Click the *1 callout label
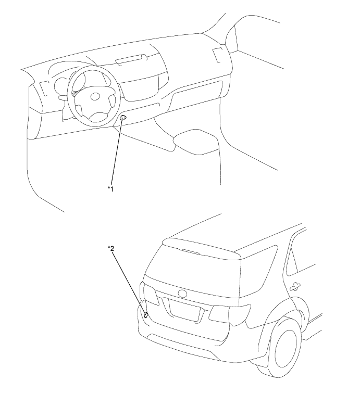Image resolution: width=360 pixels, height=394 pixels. coord(110,188)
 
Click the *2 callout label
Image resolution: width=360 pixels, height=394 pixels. coord(111,248)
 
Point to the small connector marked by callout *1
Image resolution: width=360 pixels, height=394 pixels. coord(123,117)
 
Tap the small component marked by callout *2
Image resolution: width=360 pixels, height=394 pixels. coord(146,315)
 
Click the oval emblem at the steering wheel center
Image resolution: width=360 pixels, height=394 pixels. coord(95,97)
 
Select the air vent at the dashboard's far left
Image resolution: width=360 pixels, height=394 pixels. coord(43,88)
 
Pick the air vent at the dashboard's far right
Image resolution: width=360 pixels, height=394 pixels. coord(217,55)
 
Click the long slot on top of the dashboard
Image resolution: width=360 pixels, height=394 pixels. coord(131,60)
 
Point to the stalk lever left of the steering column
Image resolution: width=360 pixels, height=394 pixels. coord(63,97)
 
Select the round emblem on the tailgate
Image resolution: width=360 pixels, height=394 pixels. coord(182,294)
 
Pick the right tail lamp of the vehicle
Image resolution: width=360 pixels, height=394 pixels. coord(230,314)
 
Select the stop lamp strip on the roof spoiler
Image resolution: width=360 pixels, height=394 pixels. coord(191,251)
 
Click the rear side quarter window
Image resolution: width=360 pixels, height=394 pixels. coord(302,256)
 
